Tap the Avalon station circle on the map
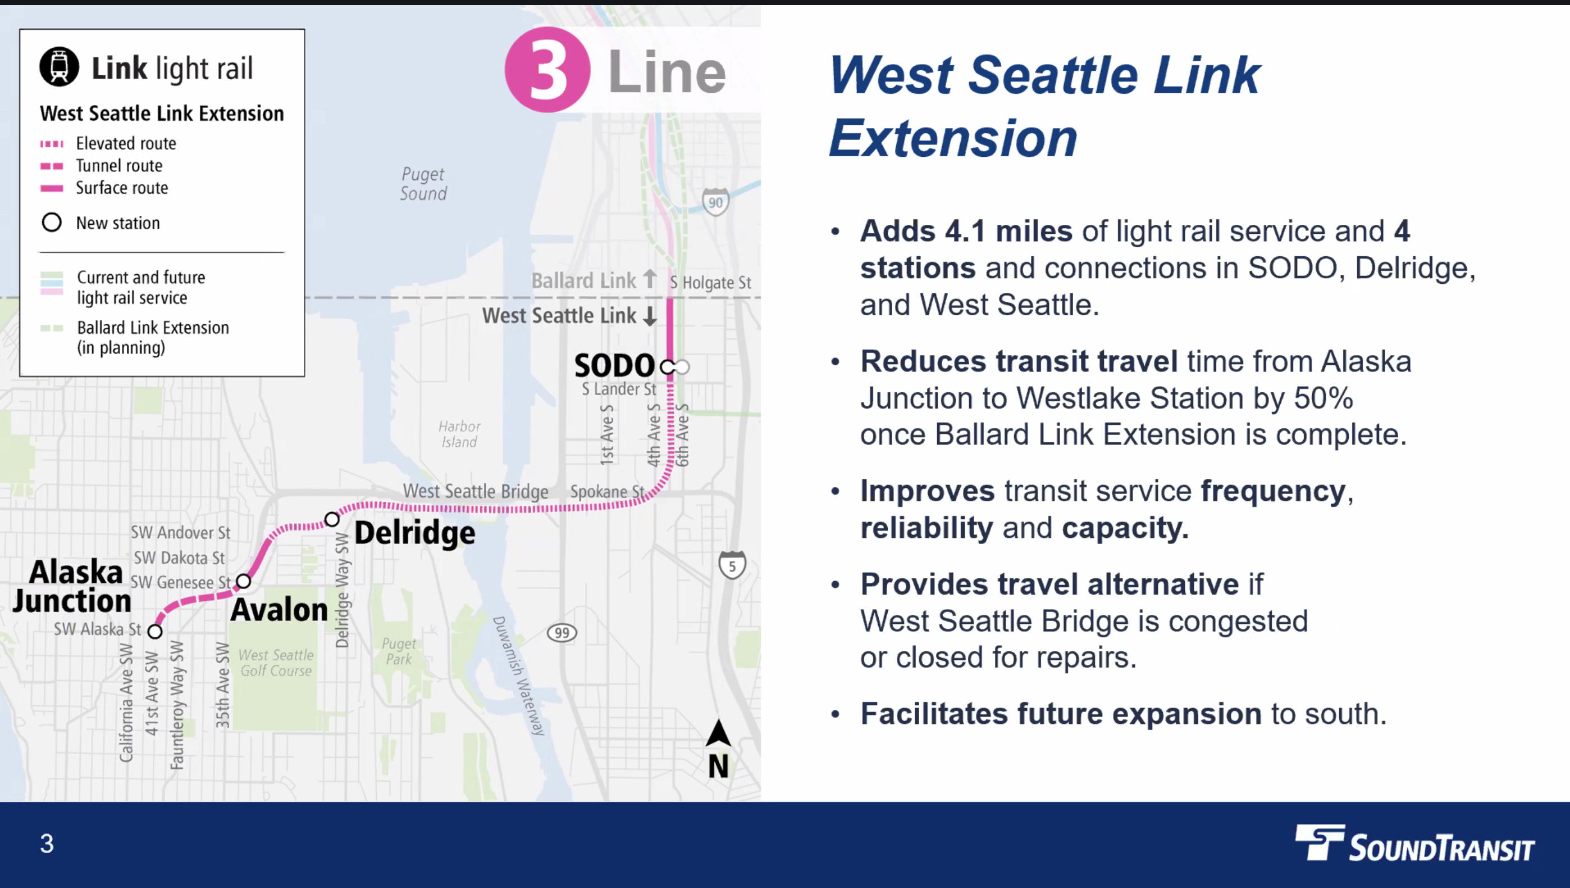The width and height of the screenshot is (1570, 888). [243, 581]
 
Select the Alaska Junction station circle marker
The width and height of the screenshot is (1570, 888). [156, 631]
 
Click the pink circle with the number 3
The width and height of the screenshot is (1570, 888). [547, 70]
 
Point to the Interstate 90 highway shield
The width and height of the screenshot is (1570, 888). [715, 202]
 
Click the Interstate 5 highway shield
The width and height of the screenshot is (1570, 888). [732, 565]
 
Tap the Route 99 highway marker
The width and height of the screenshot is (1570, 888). [562, 633]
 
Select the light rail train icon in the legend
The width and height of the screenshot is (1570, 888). [59, 66]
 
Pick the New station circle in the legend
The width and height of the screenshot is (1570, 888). [52, 222]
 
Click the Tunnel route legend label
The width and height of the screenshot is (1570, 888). [120, 165]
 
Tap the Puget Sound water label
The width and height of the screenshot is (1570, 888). [423, 184]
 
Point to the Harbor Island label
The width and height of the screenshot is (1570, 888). [459, 434]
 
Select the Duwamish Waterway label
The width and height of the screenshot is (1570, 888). [519, 674]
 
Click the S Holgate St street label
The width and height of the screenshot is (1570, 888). [711, 282]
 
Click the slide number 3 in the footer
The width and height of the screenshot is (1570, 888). [47, 844]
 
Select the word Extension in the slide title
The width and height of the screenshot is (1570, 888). [953, 138]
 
